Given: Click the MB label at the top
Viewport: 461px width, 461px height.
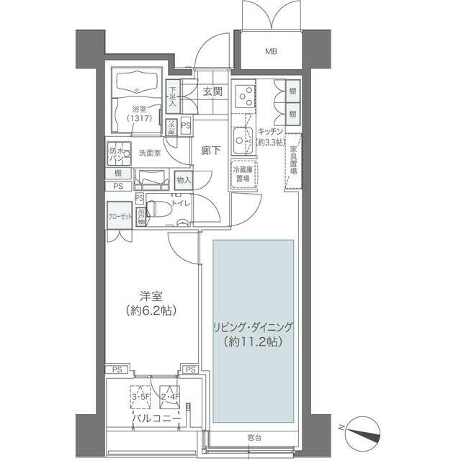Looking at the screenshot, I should click(271, 52).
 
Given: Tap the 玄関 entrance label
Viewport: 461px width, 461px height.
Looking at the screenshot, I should click(212, 91).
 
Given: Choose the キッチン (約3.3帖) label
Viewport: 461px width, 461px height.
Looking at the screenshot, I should click(272, 136).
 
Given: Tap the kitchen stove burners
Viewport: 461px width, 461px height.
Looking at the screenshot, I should click(246, 96).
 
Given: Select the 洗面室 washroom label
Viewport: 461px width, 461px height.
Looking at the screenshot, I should click(150, 153).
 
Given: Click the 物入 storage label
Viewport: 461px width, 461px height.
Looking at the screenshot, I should click(184, 180).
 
